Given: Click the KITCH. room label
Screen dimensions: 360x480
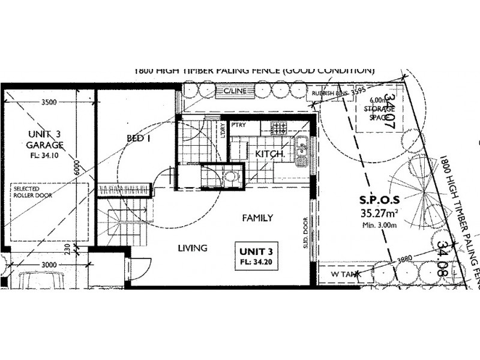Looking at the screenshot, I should pyautogui.click(x=269, y=154).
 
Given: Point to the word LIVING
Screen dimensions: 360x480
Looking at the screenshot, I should pyautogui.click(x=192, y=247).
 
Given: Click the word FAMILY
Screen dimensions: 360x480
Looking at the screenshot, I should pyautogui.click(x=257, y=218).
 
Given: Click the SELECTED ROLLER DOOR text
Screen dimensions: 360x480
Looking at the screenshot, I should pyautogui.click(x=33, y=192).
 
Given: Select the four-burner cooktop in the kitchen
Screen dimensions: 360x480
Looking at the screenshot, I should pyautogui.click(x=280, y=128).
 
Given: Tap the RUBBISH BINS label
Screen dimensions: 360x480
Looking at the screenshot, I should pyautogui.click(x=326, y=93).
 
